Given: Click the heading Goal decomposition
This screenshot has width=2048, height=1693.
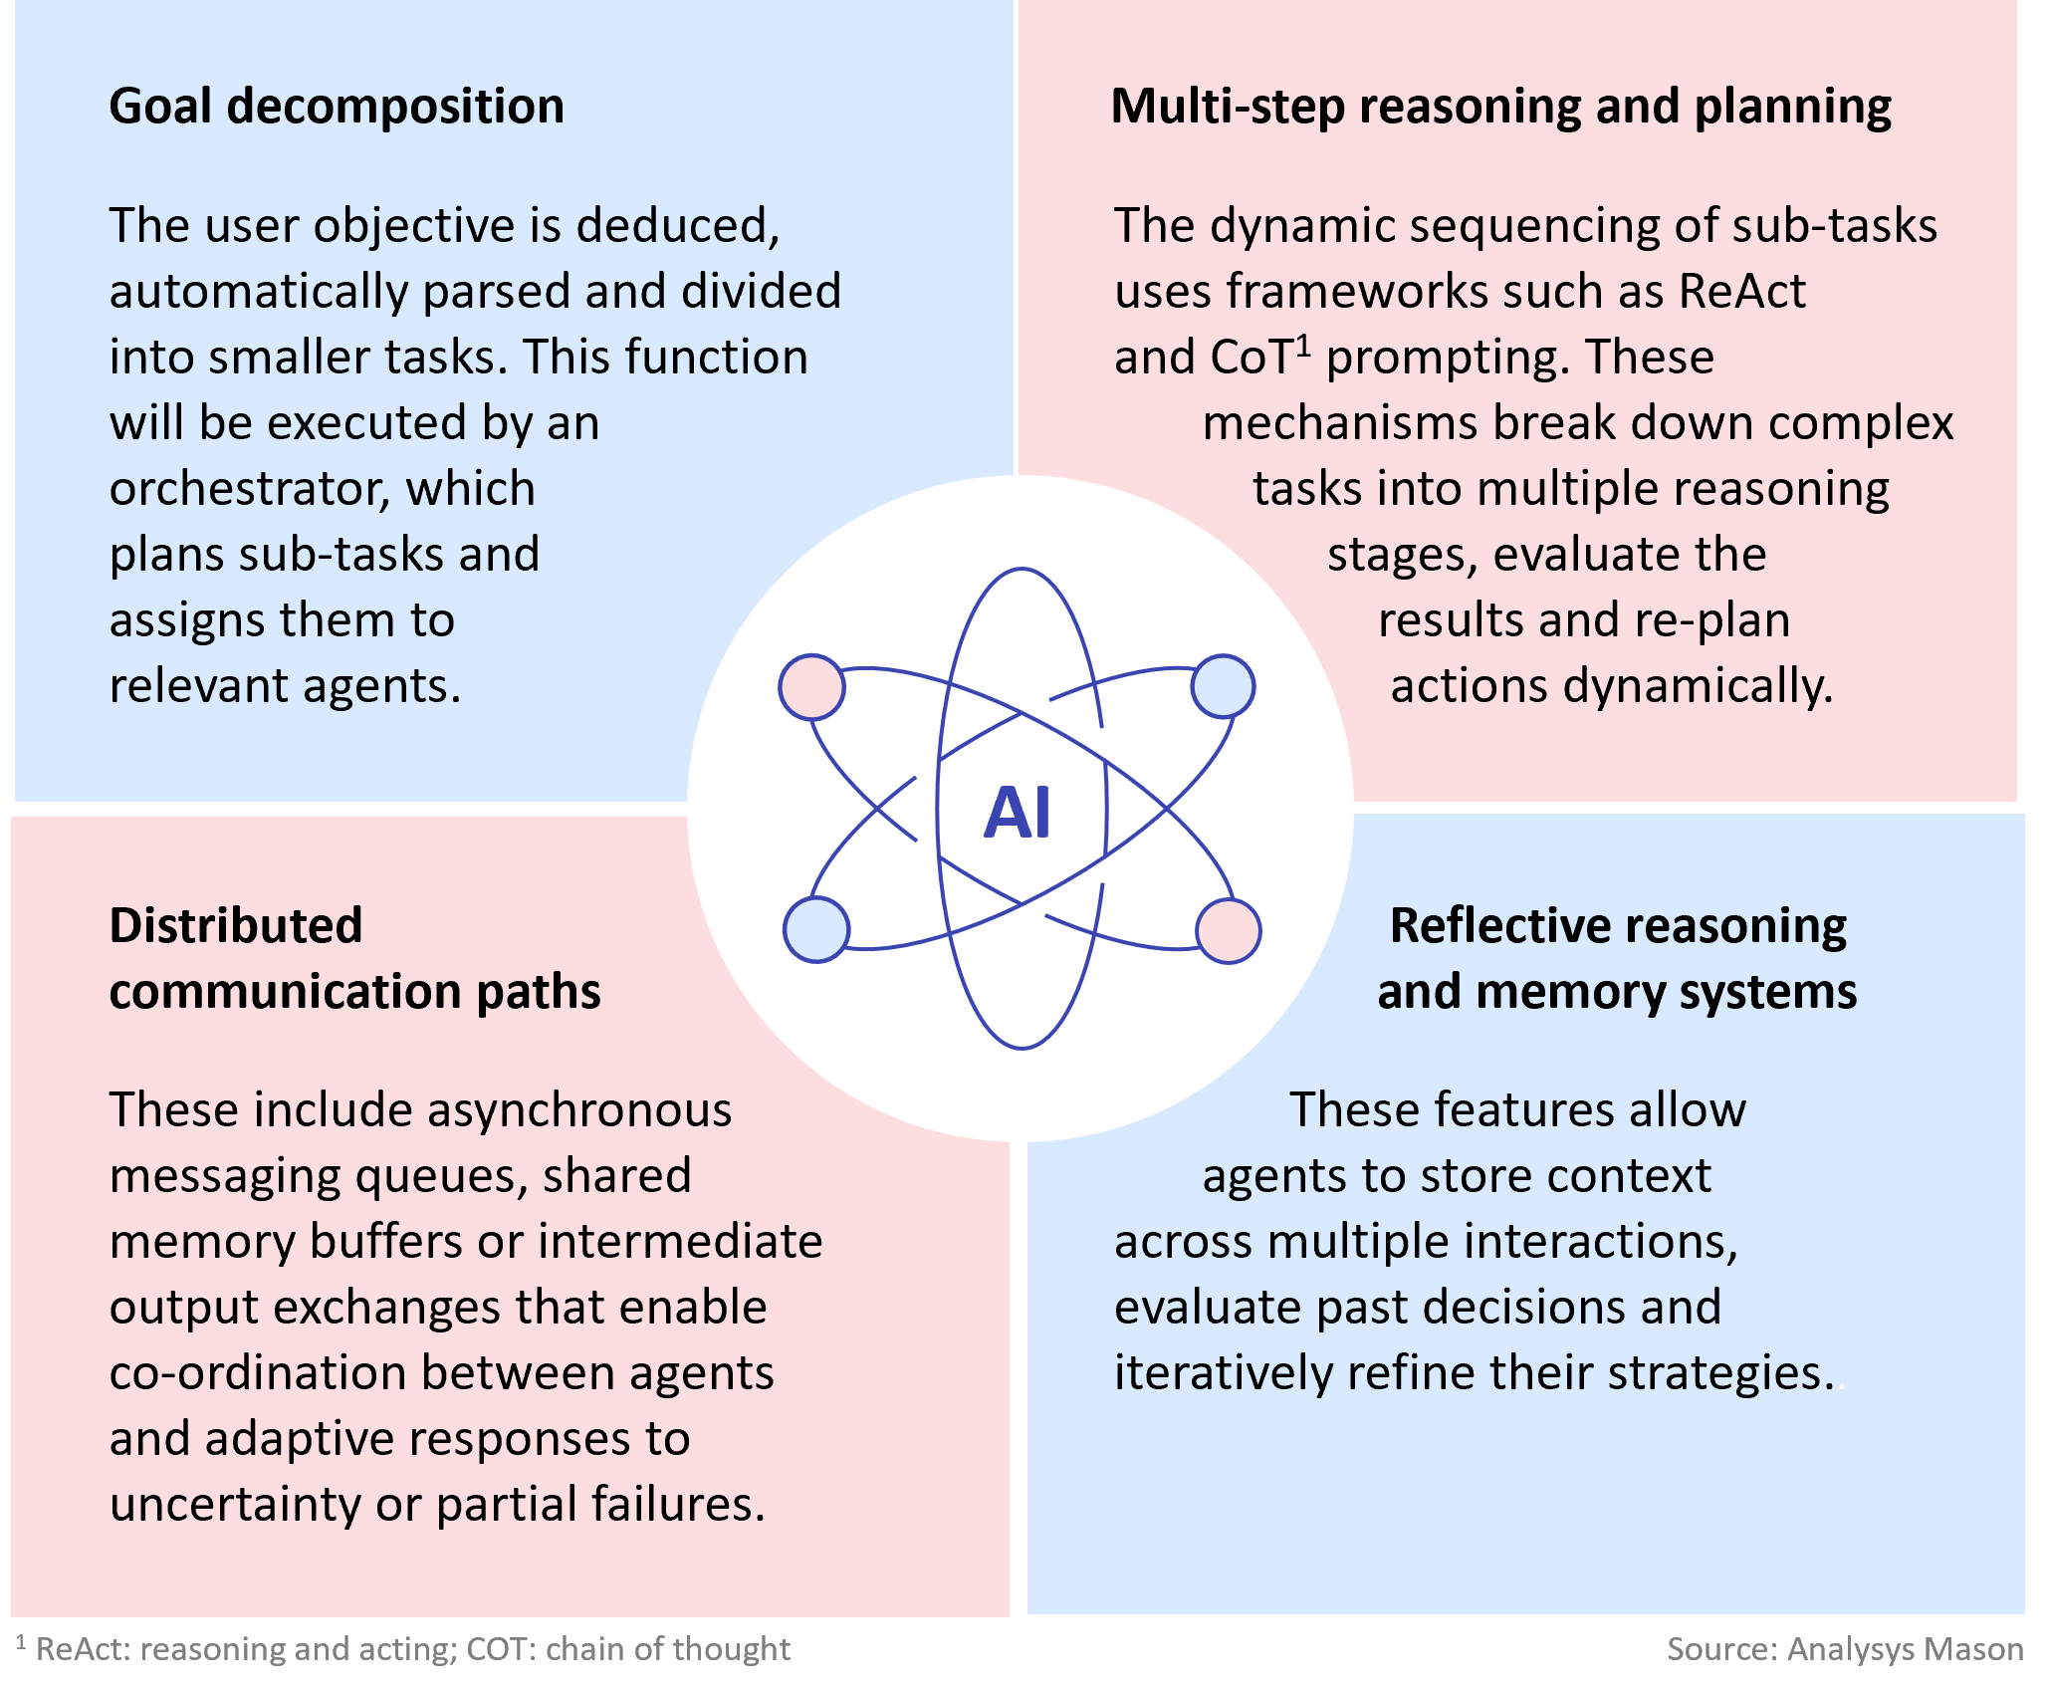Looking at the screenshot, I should point(337,106).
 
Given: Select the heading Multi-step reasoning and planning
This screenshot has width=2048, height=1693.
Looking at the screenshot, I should point(1500,106).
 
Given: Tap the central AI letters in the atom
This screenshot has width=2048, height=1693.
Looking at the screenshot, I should point(1017,813).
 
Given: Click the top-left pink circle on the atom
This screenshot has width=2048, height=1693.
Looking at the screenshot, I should point(811,687).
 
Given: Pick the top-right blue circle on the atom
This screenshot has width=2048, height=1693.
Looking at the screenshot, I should point(1223,686).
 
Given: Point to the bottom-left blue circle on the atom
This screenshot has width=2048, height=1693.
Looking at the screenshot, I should point(816,929).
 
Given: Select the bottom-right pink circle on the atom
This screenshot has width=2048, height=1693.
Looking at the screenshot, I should point(1228,930).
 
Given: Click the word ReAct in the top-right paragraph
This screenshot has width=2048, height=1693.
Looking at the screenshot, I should point(1741,291).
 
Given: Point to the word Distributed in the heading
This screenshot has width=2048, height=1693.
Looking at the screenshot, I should point(235,925).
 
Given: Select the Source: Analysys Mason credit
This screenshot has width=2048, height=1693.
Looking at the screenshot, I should point(1844,1649).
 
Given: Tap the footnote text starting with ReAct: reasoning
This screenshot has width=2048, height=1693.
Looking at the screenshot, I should point(412,1649).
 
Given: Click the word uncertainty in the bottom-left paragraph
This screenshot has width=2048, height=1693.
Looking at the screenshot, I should point(235,1504).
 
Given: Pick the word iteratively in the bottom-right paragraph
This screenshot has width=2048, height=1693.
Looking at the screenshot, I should point(1223,1372).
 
